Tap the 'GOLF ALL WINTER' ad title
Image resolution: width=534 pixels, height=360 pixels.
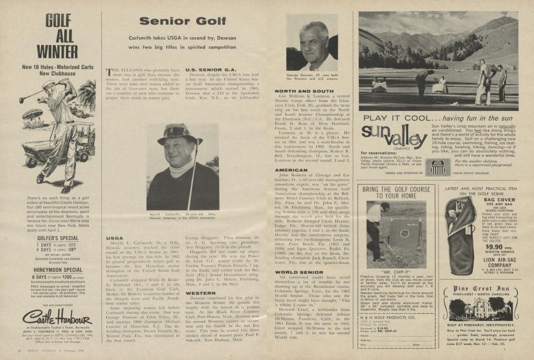tap(57, 36)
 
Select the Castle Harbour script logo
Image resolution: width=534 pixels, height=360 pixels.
tap(56, 316)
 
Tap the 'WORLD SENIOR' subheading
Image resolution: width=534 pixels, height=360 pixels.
tap(299, 272)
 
